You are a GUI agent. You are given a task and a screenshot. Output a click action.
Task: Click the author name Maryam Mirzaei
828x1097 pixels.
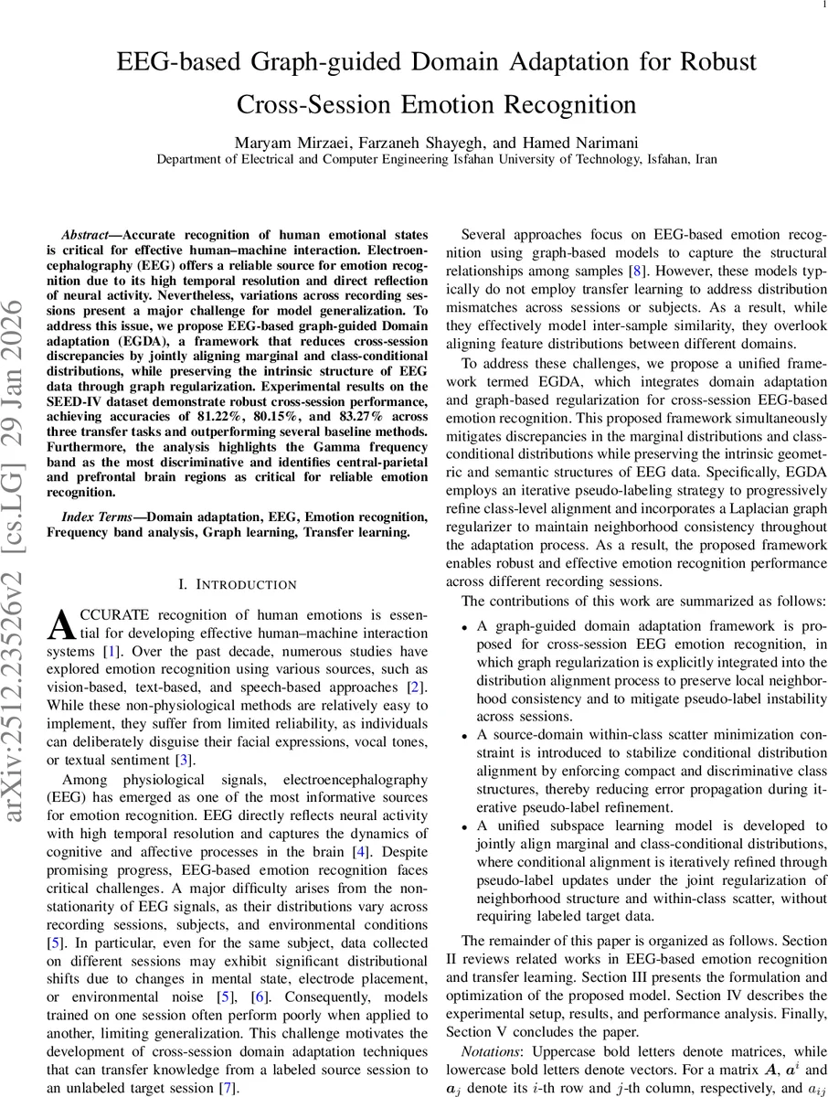(291, 143)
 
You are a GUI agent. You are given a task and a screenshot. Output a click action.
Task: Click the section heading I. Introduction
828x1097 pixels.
(237, 584)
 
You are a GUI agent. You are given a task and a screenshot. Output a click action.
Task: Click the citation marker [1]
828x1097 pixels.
(111, 652)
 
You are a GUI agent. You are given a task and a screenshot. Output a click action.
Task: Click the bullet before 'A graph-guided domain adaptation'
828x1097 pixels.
(464, 628)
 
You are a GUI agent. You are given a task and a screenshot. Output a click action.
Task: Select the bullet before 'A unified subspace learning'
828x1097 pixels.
(464, 825)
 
